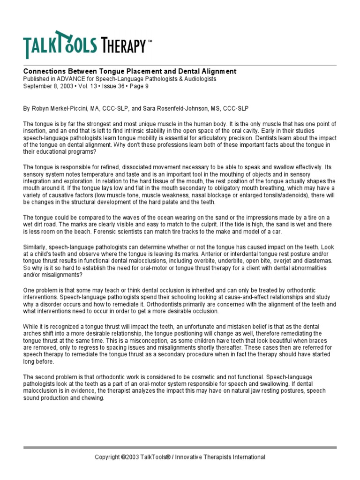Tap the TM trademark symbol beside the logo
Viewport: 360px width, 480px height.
pos(150,41)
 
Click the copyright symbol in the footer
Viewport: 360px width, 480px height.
pos(123,457)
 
